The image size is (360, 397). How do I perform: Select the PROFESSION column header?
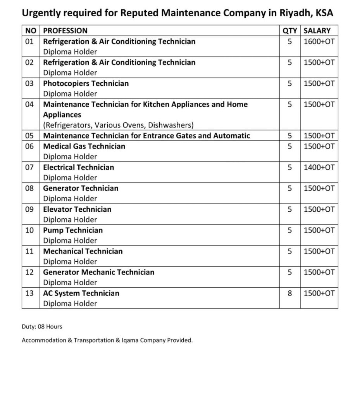tap(65, 31)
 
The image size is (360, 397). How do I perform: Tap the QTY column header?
tap(290, 31)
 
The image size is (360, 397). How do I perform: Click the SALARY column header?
tap(317, 31)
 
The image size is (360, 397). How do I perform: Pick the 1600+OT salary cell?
tap(319, 41)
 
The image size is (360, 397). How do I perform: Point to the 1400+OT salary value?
tap(319, 167)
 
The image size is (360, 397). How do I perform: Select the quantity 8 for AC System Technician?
tap(289, 293)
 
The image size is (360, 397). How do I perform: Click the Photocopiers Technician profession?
tap(86, 83)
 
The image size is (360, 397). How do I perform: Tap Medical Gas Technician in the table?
tap(84, 146)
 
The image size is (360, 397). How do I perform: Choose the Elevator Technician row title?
tap(77, 209)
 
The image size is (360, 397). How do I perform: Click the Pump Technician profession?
tap(73, 230)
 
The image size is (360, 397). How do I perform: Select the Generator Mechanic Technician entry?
tap(98, 272)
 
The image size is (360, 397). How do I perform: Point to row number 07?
tap(29, 167)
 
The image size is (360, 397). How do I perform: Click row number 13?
tap(29, 293)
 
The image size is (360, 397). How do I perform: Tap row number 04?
tap(29, 104)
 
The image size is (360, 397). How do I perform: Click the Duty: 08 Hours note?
tap(42, 327)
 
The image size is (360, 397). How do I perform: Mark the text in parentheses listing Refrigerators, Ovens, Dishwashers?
tap(119, 125)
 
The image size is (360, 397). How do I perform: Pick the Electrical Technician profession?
tap(78, 167)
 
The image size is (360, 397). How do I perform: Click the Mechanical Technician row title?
tap(83, 251)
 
